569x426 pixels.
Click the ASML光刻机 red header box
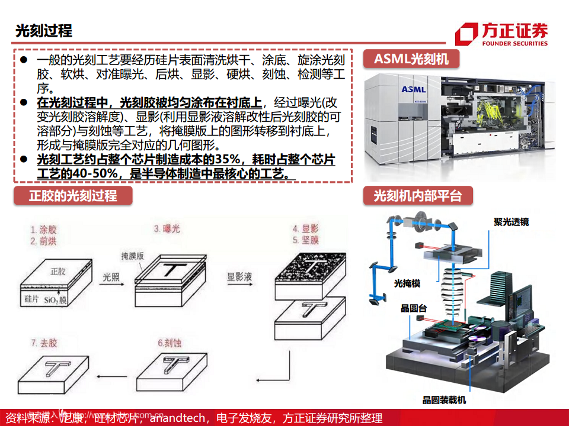411,59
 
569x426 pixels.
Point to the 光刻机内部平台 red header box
417,196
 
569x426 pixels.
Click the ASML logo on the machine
413,89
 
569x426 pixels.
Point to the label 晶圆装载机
443,400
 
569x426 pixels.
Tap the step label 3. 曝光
167,228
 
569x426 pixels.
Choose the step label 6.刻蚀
171,343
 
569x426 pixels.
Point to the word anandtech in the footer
178,418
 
